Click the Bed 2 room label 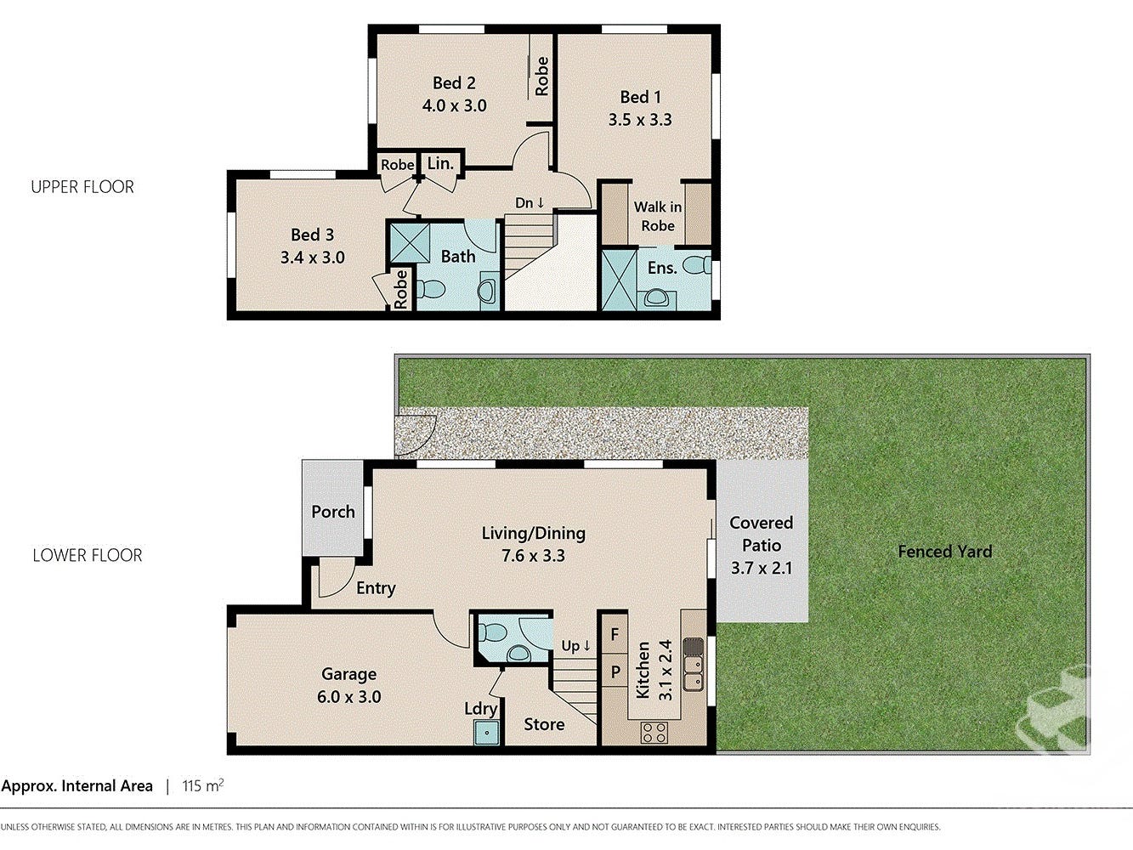tap(454, 83)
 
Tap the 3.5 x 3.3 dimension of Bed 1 tap(640, 120)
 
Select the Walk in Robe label tap(658, 216)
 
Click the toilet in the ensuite tap(696, 266)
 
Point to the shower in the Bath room tap(410, 242)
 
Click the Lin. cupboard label tap(440, 163)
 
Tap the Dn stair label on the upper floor tap(530, 203)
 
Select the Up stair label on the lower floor tap(575, 646)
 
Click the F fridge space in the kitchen tap(615, 634)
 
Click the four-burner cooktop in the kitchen tap(654, 733)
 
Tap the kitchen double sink tap(694, 672)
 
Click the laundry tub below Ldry tap(487, 733)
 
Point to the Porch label tap(333, 512)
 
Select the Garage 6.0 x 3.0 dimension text tap(349, 697)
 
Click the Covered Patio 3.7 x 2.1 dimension tap(762, 568)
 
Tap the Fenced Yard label tap(945, 552)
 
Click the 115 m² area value tap(203, 785)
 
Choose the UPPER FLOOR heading tap(82, 187)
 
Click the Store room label tap(544, 724)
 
